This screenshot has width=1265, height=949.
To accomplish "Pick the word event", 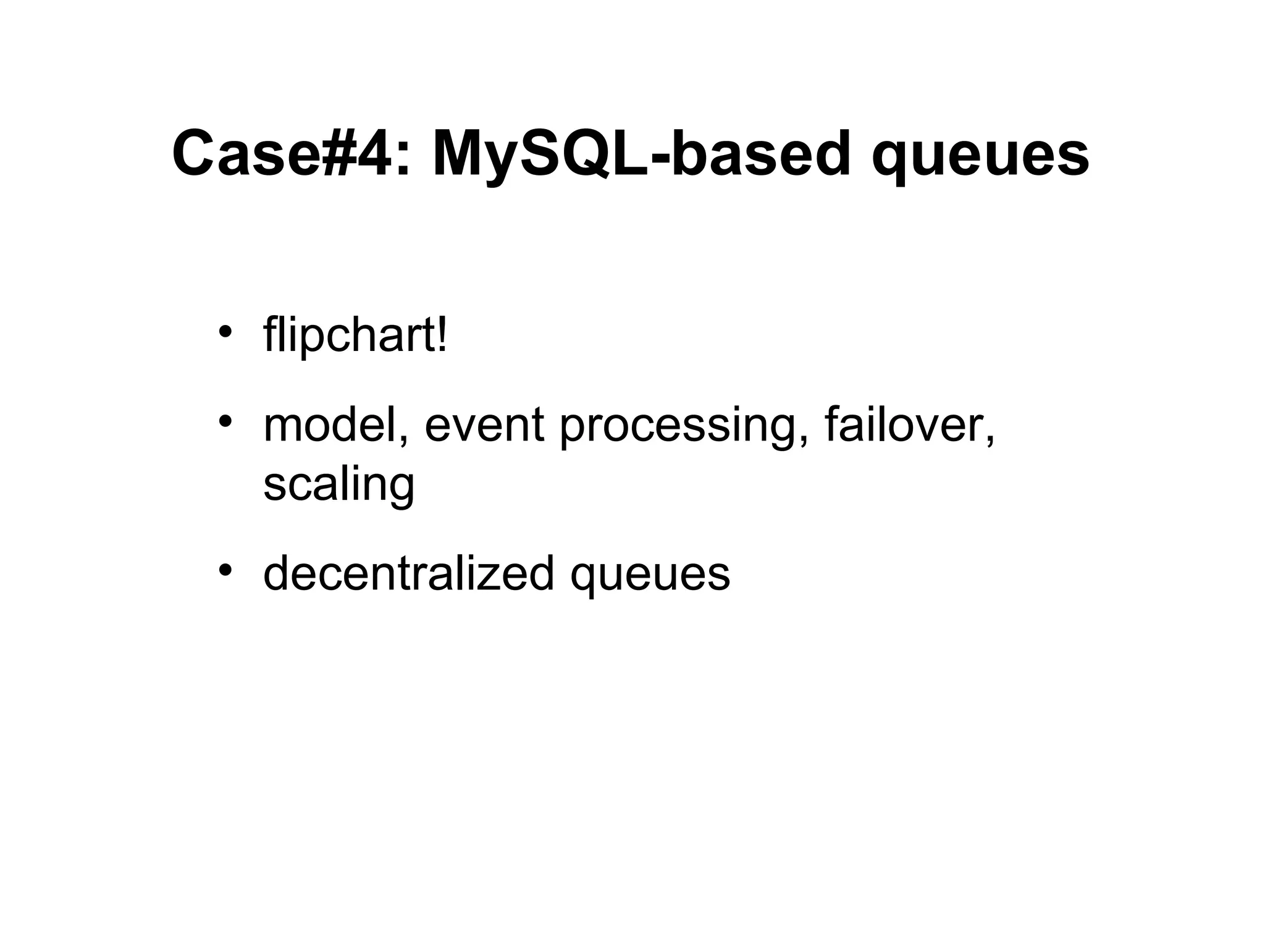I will coord(484,426).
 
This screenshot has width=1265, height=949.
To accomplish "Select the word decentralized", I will coord(408,573).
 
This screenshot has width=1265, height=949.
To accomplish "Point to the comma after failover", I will coord(990,440).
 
